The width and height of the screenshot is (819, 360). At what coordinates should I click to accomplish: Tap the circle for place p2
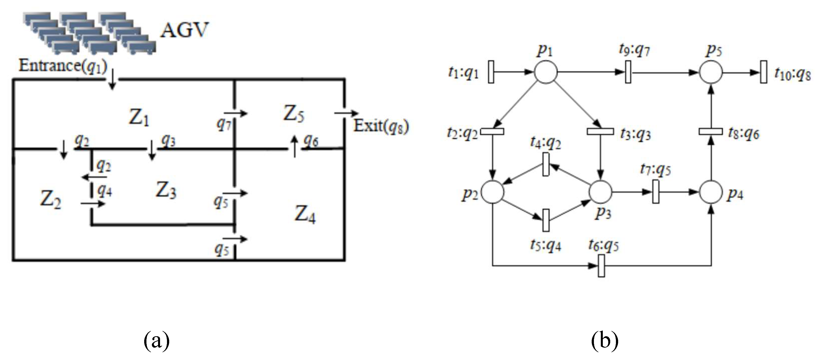pyautogui.click(x=492, y=192)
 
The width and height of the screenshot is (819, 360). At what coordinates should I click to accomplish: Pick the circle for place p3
pyautogui.click(x=600, y=192)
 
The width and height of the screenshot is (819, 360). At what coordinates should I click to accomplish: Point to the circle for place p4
pyautogui.click(x=711, y=192)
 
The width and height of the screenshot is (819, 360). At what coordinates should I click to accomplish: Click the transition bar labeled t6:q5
pyautogui.click(x=601, y=265)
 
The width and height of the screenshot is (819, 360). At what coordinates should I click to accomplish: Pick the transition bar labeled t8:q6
pyautogui.click(x=711, y=131)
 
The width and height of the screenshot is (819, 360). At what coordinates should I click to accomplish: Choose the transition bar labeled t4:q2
pyautogui.click(x=546, y=164)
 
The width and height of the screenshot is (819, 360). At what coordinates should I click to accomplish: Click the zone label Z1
pyautogui.click(x=139, y=118)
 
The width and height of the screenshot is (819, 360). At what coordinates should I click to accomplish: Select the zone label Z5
pyautogui.click(x=293, y=114)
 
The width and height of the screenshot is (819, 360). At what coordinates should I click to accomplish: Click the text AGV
pyautogui.click(x=184, y=30)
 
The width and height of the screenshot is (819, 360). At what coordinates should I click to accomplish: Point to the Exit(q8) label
pyautogui.click(x=381, y=126)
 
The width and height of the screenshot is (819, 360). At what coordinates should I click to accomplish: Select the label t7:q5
pyautogui.click(x=655, y=169)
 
